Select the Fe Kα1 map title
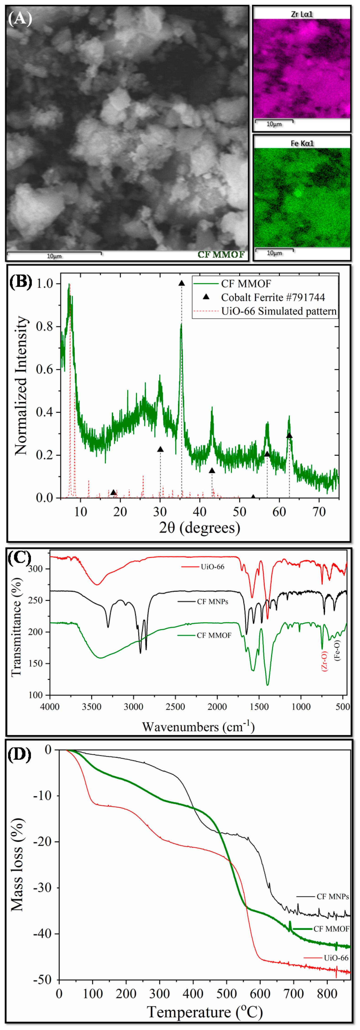click(x=302, y=143)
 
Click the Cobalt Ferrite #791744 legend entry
click(x=273, y=297)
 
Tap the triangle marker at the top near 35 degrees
click(x=182, y=283)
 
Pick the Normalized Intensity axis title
click(x=21, y=386)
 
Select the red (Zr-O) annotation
click(x=324, y=661)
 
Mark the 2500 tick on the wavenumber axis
click(x=175, y=707)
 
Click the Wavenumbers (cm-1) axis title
click(x=198, y=726)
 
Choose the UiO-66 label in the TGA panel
click(x=336, y=958)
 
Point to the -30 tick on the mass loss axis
click(x=42, y=888)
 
